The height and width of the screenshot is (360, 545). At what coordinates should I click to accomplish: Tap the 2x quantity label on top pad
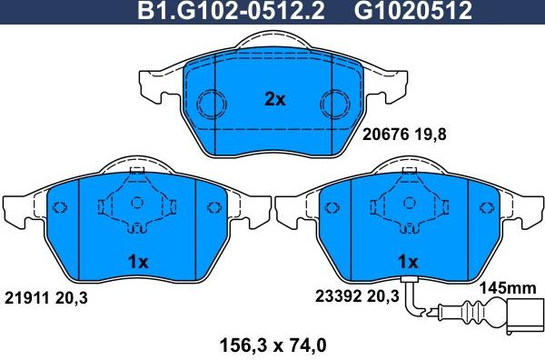[274, 100]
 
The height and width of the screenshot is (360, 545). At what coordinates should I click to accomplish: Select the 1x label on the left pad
[137, 261]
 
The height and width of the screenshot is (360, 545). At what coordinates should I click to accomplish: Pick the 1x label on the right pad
[408, 261]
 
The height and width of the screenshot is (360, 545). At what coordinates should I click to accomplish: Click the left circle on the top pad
[212, 103]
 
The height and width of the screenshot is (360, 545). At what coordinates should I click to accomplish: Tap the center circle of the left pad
[138, 204]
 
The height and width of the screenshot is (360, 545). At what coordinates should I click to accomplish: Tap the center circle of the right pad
[409, 204]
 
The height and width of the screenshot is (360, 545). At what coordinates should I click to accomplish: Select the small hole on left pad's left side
[59, 205]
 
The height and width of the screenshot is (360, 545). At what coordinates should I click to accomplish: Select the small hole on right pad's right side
[488, 205]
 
